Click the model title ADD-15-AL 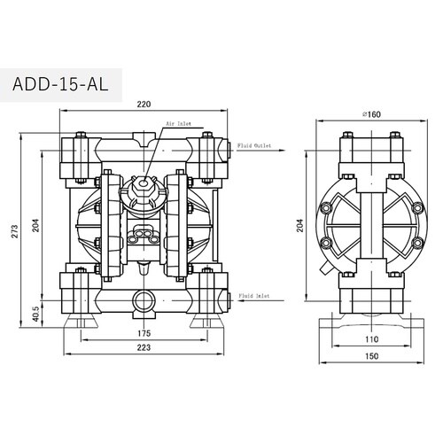[x=60, y=84]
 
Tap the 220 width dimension [x=144, y=105]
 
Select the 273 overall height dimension [x=15, y=231]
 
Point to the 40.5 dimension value [x=35, y=314]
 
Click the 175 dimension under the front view [x=144, y=333]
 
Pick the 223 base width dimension [x=144, y=347]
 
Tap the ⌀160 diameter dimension [x=371, y=114]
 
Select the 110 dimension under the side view [x=371, y=339]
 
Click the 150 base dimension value [x=371, y=356]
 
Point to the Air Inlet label [x=178, y=123]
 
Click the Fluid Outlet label [x=254, y=145]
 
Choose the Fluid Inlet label [x=254, y=296]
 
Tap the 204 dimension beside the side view [x=300, y=225]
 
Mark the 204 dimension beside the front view [x=35, y=225]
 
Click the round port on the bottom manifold [x=144, y=301]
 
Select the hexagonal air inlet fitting [x=144, y=184]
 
